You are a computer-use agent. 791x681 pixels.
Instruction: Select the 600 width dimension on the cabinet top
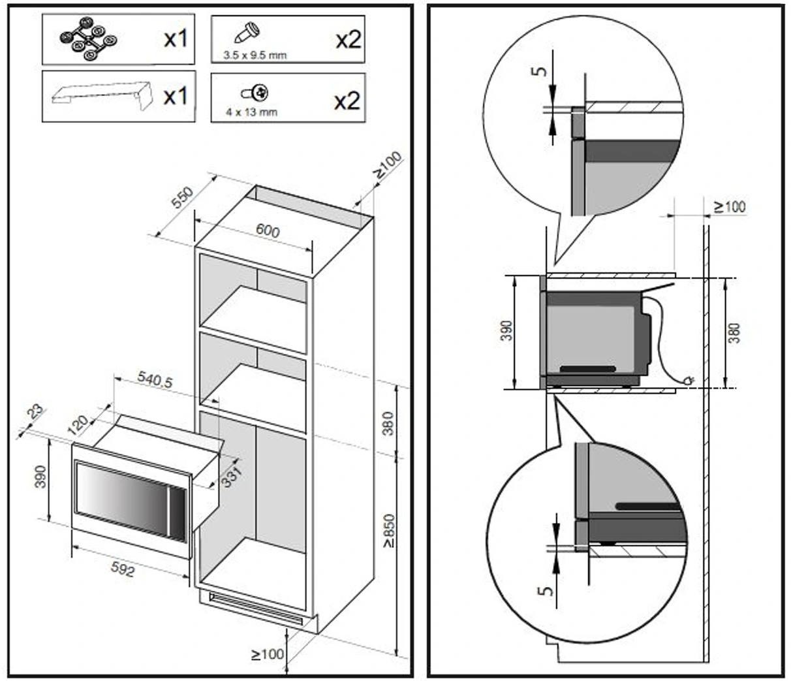[x=268, y=231]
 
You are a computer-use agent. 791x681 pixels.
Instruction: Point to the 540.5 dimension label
[x=155, y=379]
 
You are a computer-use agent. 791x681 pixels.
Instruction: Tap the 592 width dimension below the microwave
[x=123, y=570]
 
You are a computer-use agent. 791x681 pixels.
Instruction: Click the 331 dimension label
[x=232, y=476]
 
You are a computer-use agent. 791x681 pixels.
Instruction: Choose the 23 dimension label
[x=35, y=412]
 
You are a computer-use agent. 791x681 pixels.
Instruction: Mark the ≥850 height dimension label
[x=389, y=530]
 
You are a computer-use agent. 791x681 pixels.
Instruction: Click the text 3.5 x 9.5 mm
[x=254, y=55]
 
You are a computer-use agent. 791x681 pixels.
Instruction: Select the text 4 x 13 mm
[x=251, y=112]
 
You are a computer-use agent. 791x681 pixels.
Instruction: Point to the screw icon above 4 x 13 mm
[x=256, y=92]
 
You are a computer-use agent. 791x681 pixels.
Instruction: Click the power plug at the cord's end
[x=688, y=379]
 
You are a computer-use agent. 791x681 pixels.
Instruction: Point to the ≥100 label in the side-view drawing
[x=729, y=207]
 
